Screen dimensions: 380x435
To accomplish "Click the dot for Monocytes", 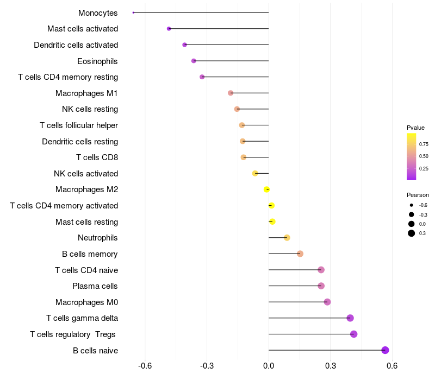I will coord(133,12).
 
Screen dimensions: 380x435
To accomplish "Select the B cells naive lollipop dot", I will coord(385,350).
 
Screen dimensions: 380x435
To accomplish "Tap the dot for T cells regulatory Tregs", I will coord(354,334).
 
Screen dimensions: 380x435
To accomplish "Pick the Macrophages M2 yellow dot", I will coord(266,189).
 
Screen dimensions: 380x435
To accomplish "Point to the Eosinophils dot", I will coord(194,61).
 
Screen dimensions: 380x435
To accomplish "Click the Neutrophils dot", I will coord(287,238).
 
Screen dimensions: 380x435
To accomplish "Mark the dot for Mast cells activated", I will coord(169,29).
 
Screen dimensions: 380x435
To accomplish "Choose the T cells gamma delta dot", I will coord(350,318).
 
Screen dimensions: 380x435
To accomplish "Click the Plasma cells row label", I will coord(95,286).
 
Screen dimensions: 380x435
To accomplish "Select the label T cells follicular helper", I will coord(79,125).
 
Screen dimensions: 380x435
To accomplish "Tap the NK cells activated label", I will coord(86,174).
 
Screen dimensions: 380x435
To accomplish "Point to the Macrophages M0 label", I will coord(86,302).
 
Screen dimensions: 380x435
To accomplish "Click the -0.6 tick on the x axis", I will coord(145,366).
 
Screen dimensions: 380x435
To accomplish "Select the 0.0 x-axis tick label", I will coord(269,366).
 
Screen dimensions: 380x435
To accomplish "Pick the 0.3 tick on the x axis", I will coord(330,366).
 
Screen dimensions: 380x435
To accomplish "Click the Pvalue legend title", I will coord(415,128).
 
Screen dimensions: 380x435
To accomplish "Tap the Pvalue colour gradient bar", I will coord(411,156).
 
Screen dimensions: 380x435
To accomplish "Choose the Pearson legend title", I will coord(418,195).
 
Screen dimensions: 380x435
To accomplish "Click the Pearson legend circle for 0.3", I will coord(412,233).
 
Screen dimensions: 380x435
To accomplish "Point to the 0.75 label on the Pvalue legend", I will coord(424,144).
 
